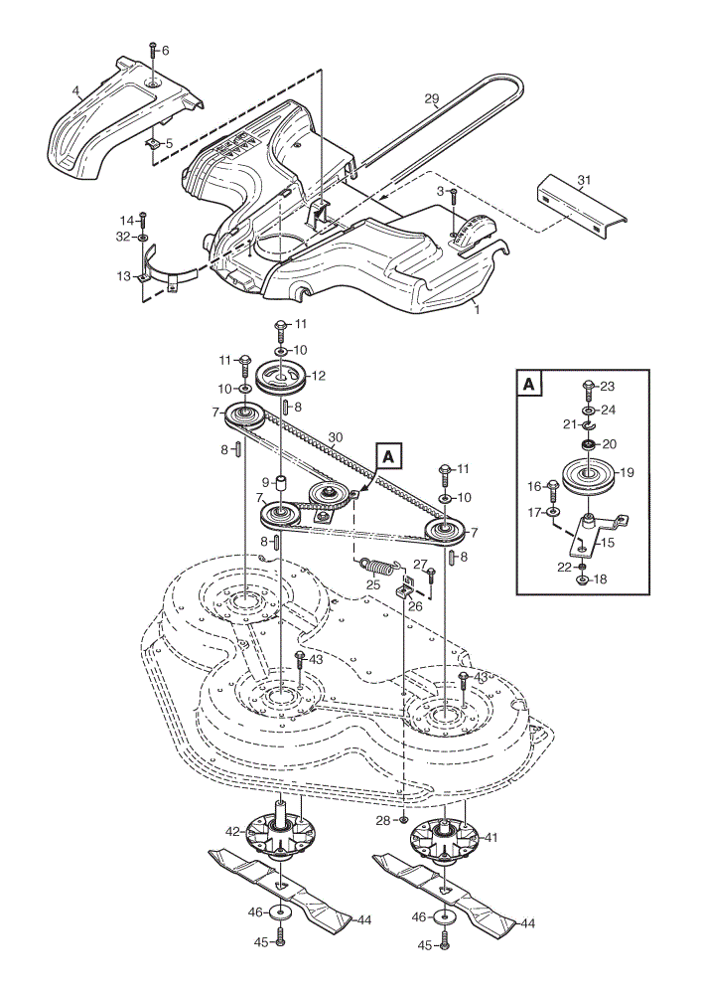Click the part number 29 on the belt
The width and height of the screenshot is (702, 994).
point(431,98)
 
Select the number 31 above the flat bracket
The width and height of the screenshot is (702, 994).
point(584,180)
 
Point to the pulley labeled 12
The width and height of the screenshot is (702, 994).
point(281,379)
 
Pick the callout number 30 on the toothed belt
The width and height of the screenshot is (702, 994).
point(336,437)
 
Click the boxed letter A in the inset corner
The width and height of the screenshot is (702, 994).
point(529,384)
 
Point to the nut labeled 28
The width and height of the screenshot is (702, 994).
point(404,820)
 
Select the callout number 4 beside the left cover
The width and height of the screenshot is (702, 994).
point(76,90)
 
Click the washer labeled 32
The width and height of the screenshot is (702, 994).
point(142,238)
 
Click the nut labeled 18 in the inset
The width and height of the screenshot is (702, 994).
point(581,580)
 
